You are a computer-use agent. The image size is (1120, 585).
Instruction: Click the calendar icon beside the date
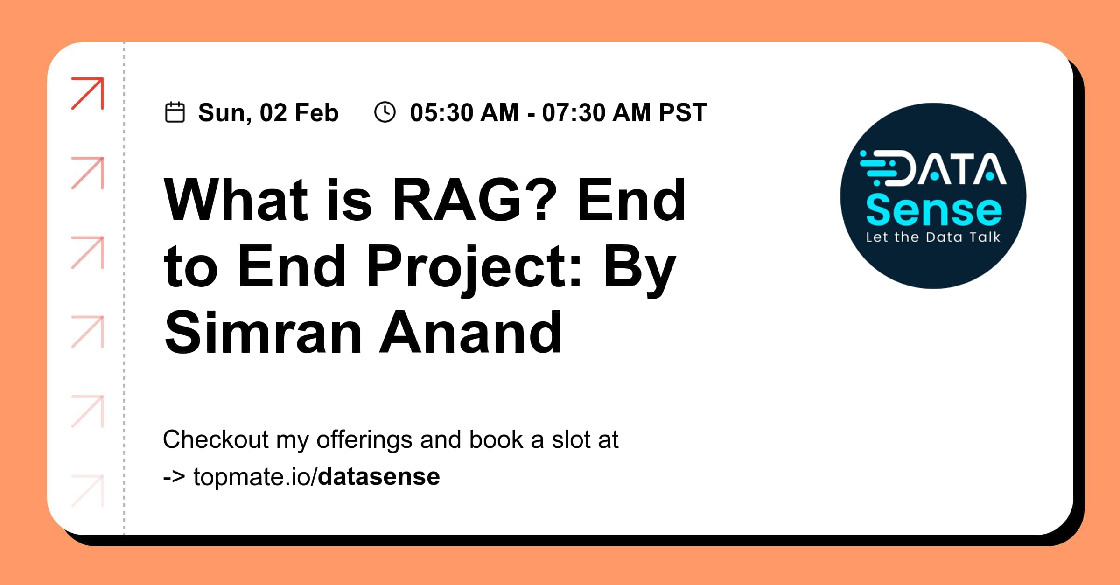coord(175,112)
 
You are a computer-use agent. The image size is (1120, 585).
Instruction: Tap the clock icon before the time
coord(385,112)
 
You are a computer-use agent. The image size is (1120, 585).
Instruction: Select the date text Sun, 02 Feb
coord(268,113)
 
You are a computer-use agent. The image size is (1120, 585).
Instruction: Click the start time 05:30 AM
coord(464,113)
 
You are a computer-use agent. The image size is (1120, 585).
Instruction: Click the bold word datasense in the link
coord(379,477)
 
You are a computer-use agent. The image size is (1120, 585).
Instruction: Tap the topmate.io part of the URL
coord(252,477)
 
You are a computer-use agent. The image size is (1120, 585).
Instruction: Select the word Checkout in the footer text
coord(216,439)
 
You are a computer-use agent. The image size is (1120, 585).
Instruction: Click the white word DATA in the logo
coord(952,169)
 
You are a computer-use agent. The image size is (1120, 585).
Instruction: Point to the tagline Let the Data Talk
coord(933,237)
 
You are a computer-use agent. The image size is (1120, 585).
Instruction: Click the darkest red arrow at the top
coord(88,93)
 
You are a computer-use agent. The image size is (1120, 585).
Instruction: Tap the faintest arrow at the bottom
coord(88,491)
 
